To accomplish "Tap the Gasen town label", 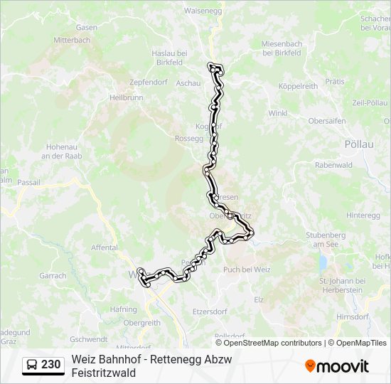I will [x=86, y=28].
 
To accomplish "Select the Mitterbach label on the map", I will [x=72, y=40].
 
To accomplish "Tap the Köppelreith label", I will [x=298, y=86].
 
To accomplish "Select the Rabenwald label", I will [x=333, y=165].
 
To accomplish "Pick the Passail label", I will [x=29, y=183].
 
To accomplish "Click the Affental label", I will [x=104, y=247].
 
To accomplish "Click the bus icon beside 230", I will [x=32, y=365].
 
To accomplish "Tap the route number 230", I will [x=51, y=365].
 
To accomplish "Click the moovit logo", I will [x=337, y=366].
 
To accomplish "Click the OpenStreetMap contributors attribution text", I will [x=273, y=343].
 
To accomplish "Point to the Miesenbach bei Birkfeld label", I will [x=282, y=48].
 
